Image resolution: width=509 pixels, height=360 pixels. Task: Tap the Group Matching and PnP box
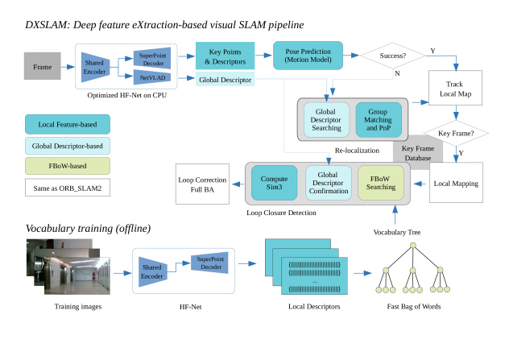pos(379,119)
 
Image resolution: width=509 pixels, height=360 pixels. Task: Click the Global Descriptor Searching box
pos(326,119)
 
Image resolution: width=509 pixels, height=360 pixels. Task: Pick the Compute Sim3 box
pos(274,184)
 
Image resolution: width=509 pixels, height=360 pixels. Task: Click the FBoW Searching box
pos(379,184)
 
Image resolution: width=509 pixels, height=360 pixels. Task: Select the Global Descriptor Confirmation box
pos(327,184)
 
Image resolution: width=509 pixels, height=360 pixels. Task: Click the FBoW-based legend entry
pos(68,166)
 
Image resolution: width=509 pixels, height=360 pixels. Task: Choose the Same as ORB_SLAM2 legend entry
pos(68,187)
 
